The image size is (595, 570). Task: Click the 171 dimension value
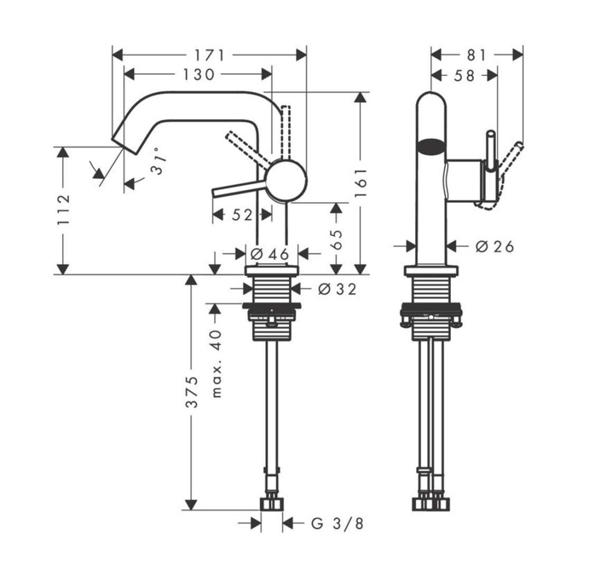(x=209, y=55)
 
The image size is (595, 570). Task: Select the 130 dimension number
(x=198, y=74)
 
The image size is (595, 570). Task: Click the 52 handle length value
(x=242, y=215)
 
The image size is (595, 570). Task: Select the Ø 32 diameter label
(x=337, y=288)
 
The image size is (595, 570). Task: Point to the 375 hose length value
(x=192, y=393)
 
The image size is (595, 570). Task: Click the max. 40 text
(x=217, y=363)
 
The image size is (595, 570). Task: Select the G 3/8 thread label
(x=336, y=524)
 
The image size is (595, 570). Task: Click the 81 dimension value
(x=476, y=55)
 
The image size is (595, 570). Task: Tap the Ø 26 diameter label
(x=494, y=247)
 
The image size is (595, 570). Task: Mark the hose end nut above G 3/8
(x=271, y=503)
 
